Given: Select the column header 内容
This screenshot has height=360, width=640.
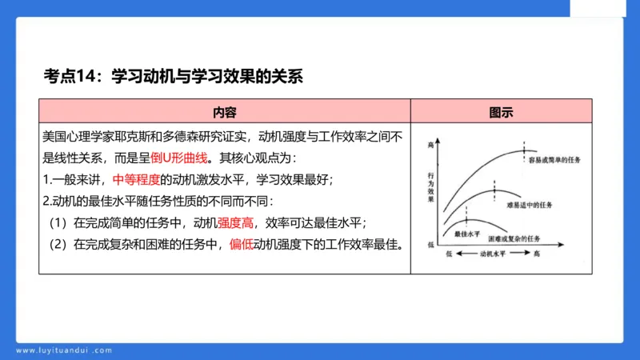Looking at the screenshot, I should click(x=224, y=111).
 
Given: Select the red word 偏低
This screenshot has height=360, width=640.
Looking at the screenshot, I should click(x=241, y=243).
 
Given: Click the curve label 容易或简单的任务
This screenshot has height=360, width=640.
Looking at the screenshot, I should click(x=554, y=160).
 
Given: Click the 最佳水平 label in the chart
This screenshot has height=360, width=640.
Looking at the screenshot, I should click(x=466, y=234).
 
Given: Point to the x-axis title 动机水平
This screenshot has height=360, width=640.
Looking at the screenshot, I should click(x=493, y=254).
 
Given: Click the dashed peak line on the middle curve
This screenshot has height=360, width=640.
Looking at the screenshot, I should click(x=494, y=190).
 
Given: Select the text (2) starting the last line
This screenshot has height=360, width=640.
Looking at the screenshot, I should click(x=59, y=243).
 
